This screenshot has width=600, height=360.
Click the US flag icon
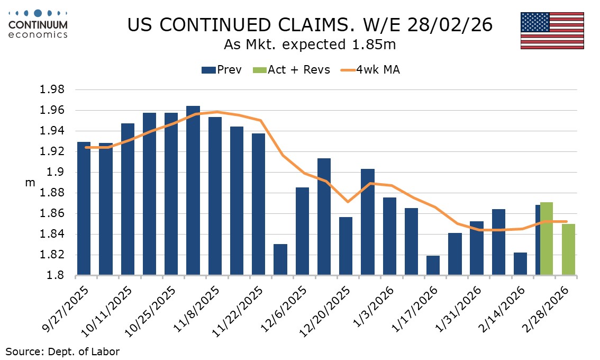552,31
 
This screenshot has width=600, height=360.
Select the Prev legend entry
221,70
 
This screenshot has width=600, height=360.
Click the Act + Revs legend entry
292,70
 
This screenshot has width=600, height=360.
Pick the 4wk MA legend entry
370,70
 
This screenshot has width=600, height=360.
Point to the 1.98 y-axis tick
53,90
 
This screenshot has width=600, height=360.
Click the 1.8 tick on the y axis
57,276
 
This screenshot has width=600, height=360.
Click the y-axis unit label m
30,183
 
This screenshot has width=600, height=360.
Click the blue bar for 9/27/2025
84,209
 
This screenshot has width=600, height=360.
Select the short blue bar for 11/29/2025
280,260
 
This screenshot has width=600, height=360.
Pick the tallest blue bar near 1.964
193,191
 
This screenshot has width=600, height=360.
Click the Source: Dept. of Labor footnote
63,351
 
